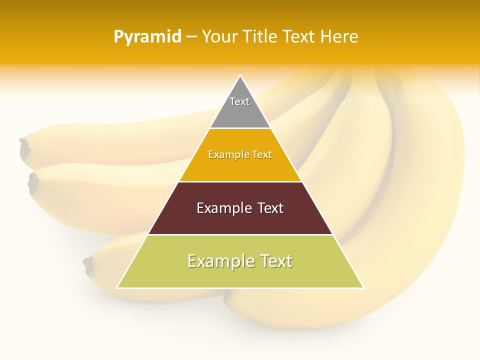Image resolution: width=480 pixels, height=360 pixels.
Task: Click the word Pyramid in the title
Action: click(147, 37)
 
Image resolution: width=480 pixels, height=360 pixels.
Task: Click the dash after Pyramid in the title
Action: click(191, 37)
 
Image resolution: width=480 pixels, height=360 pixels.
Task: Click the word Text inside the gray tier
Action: click(239, 101)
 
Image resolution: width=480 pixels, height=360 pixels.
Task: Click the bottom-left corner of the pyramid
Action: click(117, 288)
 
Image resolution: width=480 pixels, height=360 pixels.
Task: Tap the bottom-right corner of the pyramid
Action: click(363, 288)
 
